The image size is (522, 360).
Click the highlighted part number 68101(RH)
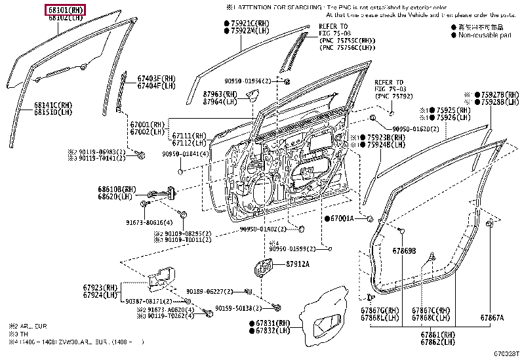[65, 10]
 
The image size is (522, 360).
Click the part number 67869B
[405, 250]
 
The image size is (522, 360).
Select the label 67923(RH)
[100, 287]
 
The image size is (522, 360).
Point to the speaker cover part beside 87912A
[265, 267]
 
